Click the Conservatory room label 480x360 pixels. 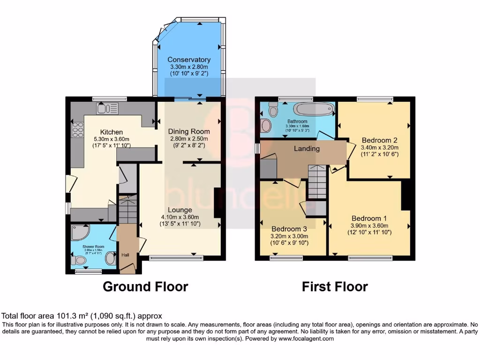point(189,60)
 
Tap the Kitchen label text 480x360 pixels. point(111,132)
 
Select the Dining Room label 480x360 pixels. point(189,131)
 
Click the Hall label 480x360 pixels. point(126,255)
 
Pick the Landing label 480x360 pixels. point(307,149)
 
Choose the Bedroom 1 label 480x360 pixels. point(369,218)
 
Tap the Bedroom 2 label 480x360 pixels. point(379,140)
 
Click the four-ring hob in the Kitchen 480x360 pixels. point(77,129)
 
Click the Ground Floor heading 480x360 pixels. point(145,286)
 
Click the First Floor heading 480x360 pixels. point(335,286)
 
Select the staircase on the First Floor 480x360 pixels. point(317,182)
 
